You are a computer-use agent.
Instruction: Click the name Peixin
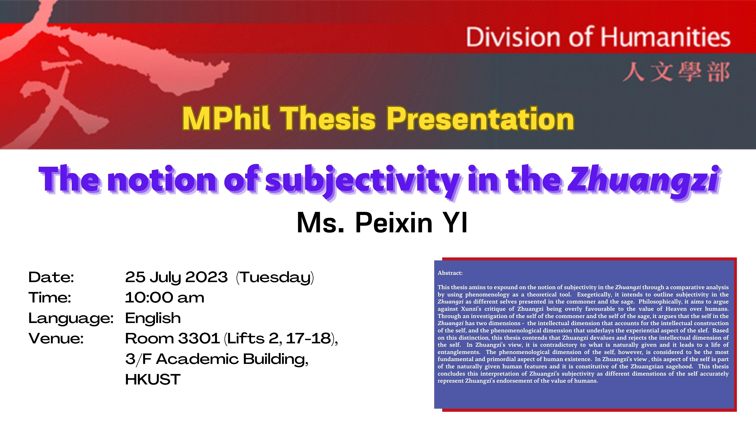(394, 223)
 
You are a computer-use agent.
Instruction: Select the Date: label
(51, 277)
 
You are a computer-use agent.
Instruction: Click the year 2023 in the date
(206, 277)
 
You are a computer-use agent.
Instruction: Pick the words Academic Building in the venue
(232, 359)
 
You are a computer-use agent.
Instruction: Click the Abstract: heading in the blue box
(450, 273)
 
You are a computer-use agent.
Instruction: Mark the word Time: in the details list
(50, 298)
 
